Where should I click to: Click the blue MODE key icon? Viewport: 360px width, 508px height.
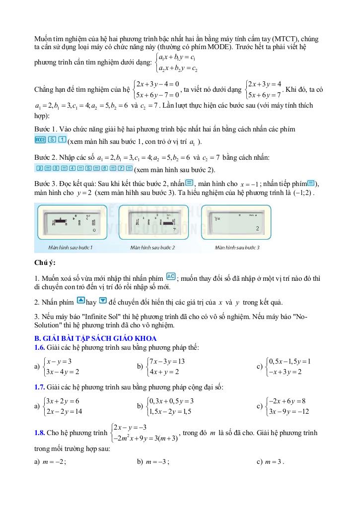click(x=40, y=140)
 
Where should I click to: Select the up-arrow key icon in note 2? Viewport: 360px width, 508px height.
click(x=81, y=301)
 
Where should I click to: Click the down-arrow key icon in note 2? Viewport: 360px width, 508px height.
click(x=103, y=301)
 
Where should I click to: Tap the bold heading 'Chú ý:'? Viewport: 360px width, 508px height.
click(x=45, y=262)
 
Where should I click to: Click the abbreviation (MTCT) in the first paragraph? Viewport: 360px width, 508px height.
click(x=286, y=39)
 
